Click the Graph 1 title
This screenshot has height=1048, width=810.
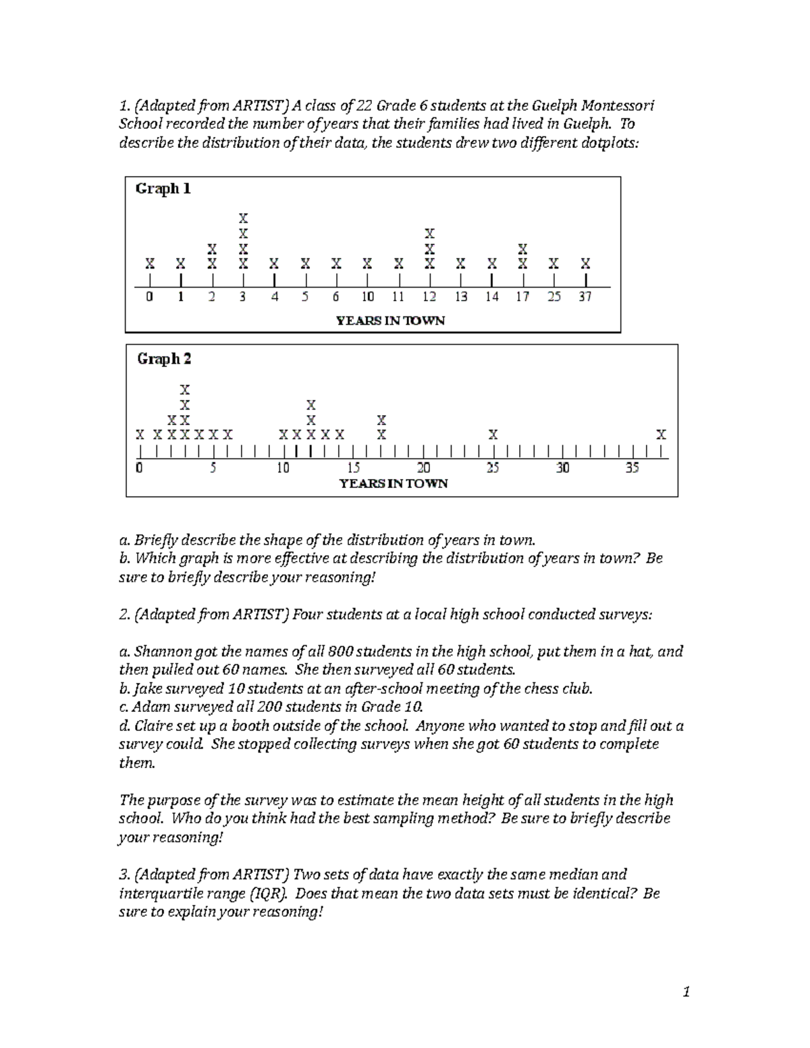pos(163,189)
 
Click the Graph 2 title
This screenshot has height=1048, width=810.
pos(164,359)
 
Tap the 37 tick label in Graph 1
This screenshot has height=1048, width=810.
pos(585,297)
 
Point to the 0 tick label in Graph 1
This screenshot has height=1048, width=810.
pos(150,297)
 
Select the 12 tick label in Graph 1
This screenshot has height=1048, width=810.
pos(429,297)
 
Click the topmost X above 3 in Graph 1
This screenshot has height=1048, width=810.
pos(243,219)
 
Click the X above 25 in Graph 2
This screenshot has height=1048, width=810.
pos(493,435)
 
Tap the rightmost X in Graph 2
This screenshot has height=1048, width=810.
pos(661,434)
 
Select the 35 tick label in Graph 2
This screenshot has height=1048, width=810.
pos(632,468)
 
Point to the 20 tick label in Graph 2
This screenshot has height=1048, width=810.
pos(424,468)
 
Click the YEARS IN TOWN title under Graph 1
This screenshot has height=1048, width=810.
pos(391,321)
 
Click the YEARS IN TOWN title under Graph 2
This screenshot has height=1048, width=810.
pos(394,483)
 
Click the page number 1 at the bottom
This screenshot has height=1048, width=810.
pos(686,992)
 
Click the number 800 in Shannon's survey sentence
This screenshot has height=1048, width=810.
pos(339,652)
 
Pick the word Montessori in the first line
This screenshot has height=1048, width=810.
pos(618,105)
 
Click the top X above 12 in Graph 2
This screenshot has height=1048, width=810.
pos(310,406)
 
